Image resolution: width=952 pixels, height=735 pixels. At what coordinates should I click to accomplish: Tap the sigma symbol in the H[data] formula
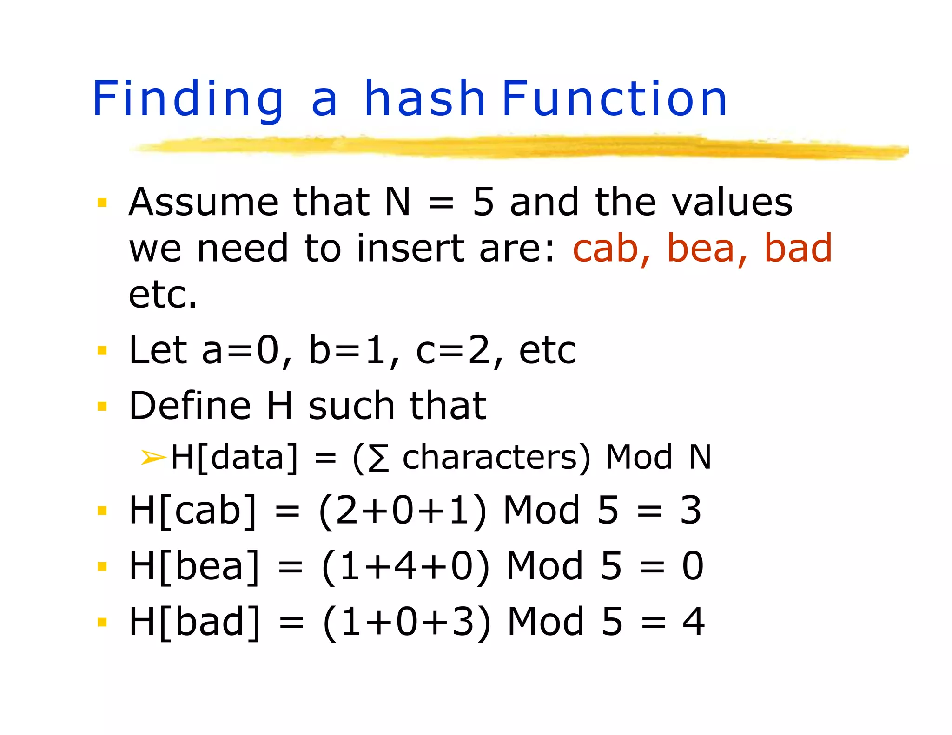[x=378, y=458]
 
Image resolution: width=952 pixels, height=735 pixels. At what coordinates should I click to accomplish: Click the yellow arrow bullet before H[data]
[x=153, y=457]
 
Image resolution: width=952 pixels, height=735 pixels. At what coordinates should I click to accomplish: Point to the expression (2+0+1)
[x=403, y=511]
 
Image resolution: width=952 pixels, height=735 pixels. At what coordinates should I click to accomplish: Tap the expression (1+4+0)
[x=405, y=567]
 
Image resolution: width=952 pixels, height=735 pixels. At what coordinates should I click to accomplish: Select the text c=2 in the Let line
[x=454, y=351]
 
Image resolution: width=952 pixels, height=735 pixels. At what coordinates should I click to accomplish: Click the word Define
[x=190, y=406]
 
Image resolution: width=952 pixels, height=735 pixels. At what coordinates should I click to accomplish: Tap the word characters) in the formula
[x=496, y=458]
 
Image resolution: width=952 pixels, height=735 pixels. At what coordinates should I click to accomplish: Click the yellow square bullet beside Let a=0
[x=102, y=350]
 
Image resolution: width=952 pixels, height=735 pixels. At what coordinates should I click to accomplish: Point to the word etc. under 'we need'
[x=163, y=295]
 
